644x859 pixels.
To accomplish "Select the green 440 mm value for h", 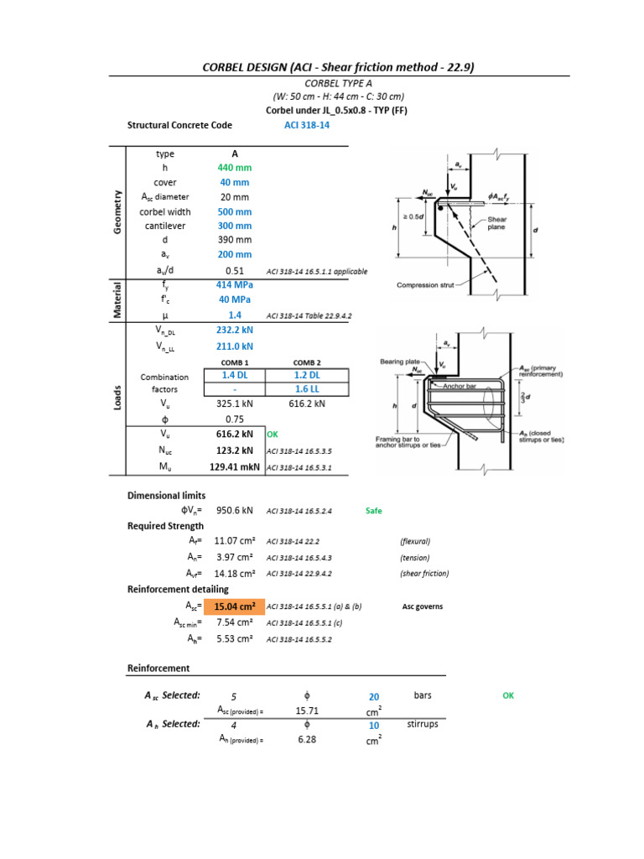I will click(235, 168).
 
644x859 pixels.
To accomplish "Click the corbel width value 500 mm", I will click(235, 211).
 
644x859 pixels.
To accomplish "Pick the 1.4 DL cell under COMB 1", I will click(235, 375).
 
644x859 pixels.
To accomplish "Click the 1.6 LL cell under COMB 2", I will click(307, 389).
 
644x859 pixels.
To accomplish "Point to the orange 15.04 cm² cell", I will click(234, 607).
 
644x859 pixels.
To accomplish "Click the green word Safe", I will click(374, 510).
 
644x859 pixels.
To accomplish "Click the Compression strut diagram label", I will click(425, 285).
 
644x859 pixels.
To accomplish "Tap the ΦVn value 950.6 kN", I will click(235, 510).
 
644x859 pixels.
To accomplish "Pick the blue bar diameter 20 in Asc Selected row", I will click(374, 696).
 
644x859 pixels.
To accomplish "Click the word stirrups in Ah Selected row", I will click(422, 724).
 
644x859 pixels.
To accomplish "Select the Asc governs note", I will click(423, 607).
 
